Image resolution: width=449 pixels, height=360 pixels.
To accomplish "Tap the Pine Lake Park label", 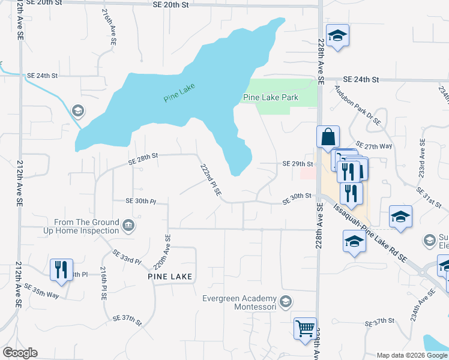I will point(271,97).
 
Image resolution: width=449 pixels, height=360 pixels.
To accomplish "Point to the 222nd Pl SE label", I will point(211,181).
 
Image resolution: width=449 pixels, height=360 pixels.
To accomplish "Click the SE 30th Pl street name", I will point(140,201).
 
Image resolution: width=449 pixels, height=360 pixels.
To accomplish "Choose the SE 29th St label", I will point(298,164).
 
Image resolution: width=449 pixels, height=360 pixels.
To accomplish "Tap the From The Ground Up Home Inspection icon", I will point(128,226).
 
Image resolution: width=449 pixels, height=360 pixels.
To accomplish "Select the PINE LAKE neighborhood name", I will point(170,276).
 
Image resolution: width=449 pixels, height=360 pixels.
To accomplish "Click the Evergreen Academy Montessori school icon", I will point(286,301).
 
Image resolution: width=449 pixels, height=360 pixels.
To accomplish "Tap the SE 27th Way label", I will point(373,146).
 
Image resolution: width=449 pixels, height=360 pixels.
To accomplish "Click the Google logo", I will point(20,353).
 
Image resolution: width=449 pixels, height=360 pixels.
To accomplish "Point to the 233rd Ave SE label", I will point(422,157).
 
